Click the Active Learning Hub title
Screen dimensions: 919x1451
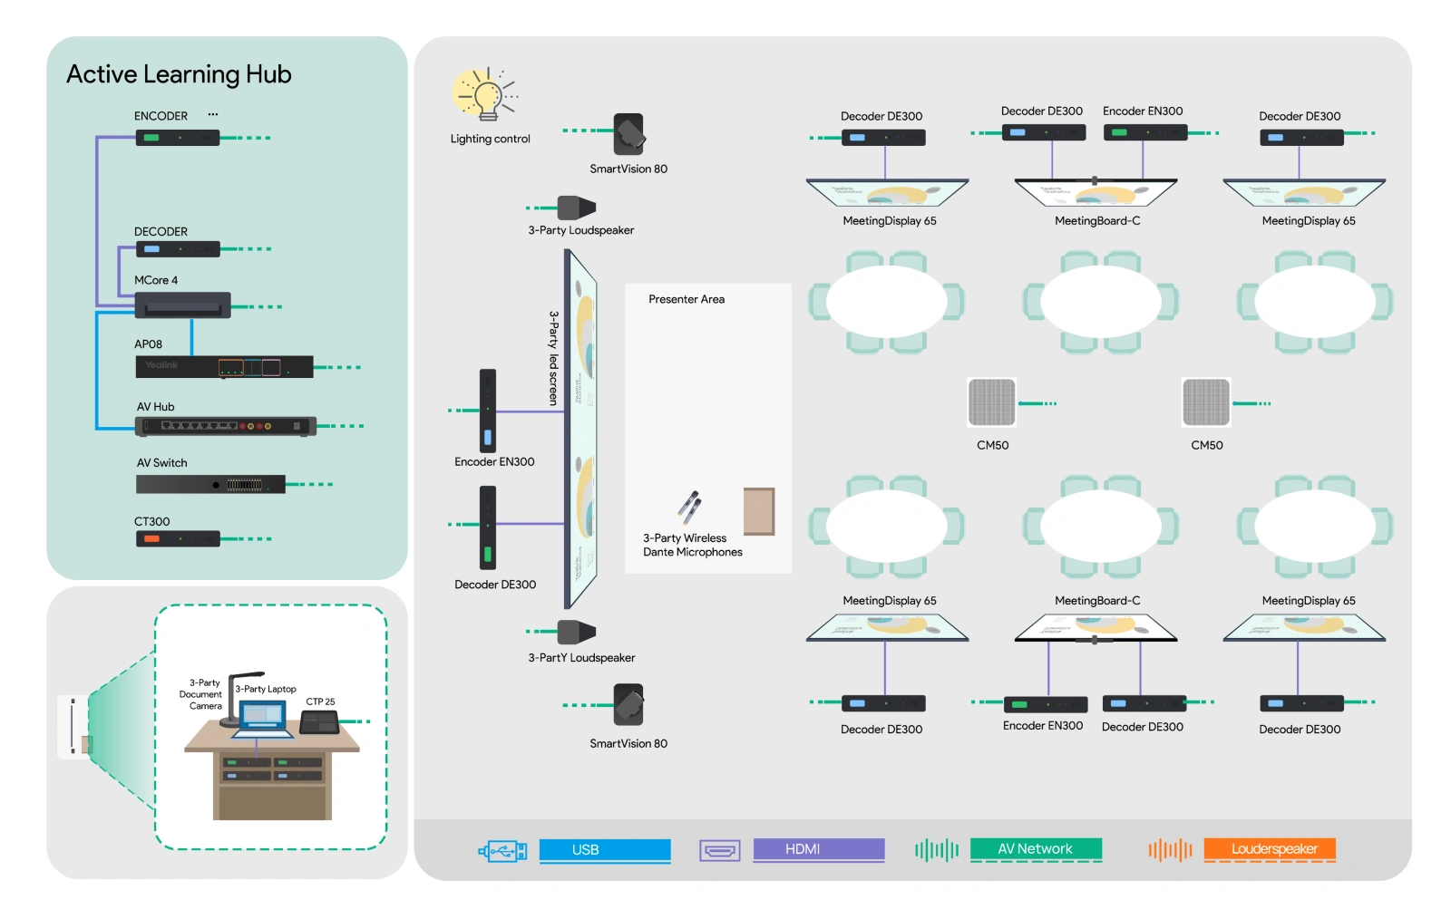179,74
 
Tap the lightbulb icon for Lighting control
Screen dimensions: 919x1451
486,94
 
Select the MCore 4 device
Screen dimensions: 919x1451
182,305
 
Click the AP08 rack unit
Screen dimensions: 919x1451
224,367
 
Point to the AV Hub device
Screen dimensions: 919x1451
225,426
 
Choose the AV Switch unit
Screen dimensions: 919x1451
210,485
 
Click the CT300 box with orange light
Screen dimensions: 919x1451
178,539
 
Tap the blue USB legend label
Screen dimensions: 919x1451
604,849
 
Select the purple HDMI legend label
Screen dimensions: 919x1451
818,849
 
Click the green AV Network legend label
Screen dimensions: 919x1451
1036,849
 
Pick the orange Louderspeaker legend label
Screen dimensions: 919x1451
1270,849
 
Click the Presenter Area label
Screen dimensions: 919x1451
687,299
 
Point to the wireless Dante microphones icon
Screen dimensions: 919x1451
689,508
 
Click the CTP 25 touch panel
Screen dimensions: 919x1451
319,722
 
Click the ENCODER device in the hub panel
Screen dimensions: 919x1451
178,138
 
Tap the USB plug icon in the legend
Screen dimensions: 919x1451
503,850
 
